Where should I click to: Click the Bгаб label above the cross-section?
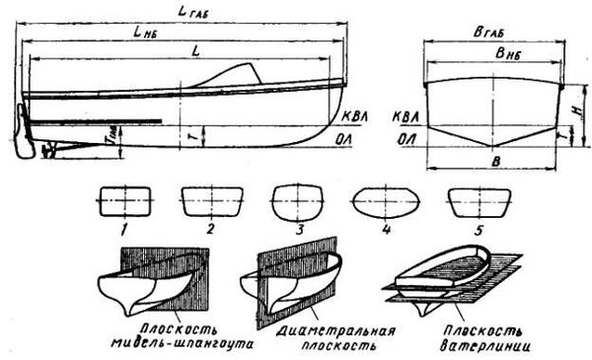(x=491, y=33)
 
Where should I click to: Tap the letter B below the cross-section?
(x=493, y=161)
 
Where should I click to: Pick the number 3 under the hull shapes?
(x=293, y=234)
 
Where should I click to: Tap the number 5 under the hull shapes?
(x=466, y=232)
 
